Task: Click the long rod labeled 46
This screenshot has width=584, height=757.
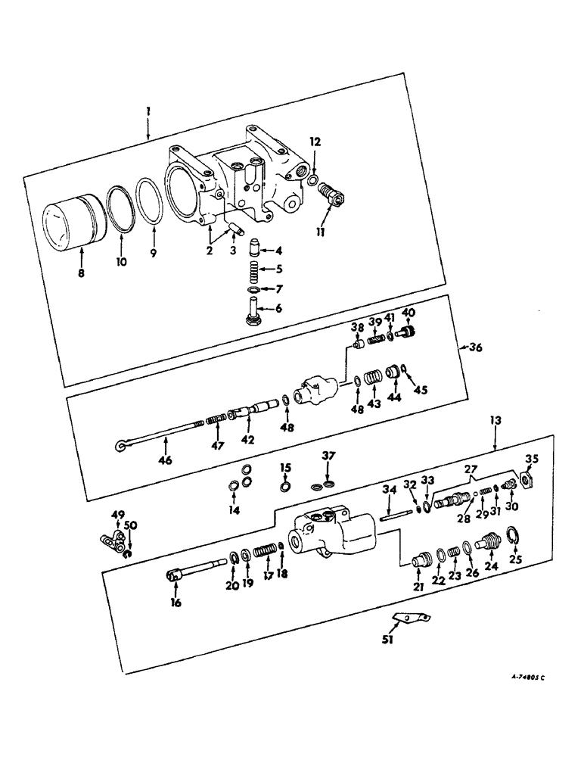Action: pos(159,434)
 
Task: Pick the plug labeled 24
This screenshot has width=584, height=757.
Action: pos(489,544)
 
